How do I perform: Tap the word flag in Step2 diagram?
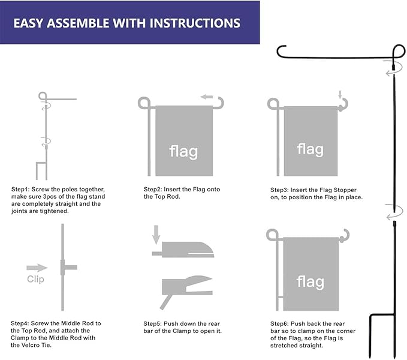183,151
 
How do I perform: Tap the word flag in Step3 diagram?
310,148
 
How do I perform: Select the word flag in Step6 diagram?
310,281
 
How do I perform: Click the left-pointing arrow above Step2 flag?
207,97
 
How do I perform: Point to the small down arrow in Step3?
340,95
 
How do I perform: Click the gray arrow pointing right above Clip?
37,268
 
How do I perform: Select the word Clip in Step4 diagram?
35,280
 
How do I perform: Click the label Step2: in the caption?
155,190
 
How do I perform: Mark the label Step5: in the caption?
155,323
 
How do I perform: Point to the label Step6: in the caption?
282,323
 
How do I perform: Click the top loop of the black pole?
399,51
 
